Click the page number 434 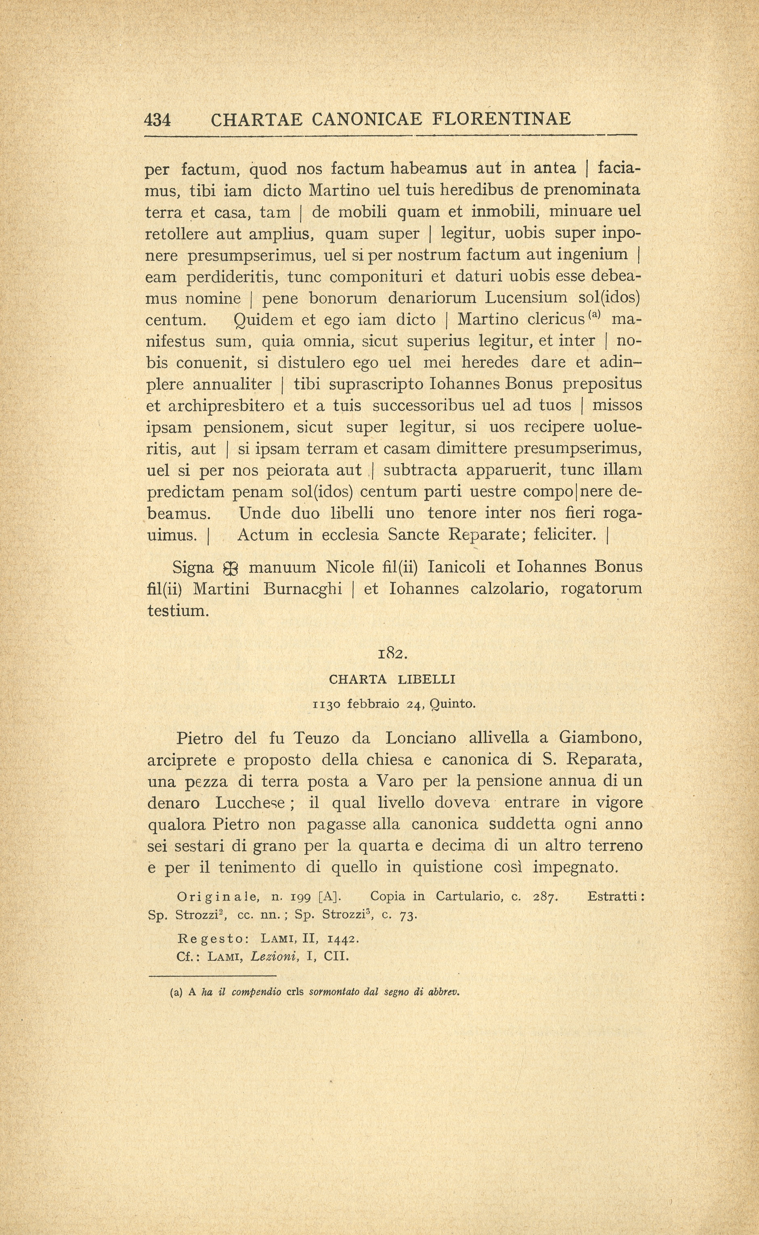click(157, 120)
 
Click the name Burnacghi click(302, 589)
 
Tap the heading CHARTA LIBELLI click(392, 680)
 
